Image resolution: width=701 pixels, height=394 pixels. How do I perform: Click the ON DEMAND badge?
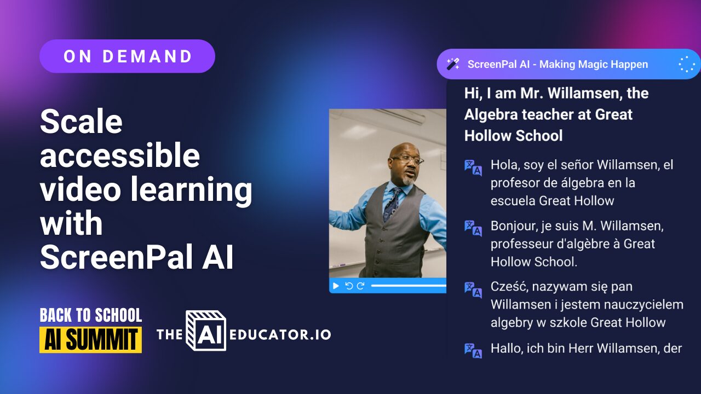pyautogui.click(x=127, y=56)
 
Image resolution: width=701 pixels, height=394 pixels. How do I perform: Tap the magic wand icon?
pyautogui.click(x=453, y=64)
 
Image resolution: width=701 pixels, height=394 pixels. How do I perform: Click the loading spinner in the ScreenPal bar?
pyautogui.click(x=686, y=64)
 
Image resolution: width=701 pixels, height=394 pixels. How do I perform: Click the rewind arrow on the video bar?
pyautogui.click(x=349, y=286)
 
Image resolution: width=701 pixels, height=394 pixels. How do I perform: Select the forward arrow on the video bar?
pyautogui.click(x=360, y=286)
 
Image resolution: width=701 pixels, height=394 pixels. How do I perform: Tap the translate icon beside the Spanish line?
pyautogui.click(x=473, y=167)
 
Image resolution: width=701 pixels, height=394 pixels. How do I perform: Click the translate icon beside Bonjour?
pyautogui.click(x=473, y=228)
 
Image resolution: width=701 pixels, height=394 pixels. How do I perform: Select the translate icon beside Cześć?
pyautogui.click(x=473, y=289)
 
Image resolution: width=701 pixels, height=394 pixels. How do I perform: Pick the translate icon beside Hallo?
pyautogui.click(x=473, y=350)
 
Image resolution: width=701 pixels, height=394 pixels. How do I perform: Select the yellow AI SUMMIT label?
pyautogui.click(x=91, y=340)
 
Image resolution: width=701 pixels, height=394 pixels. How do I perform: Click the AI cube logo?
pyautogui.click(x=206, y=331)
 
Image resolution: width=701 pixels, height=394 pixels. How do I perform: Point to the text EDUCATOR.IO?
pyautogui.click(x=280, y=334)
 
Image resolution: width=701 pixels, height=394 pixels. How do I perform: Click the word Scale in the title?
pyautogui.click(x=81, y=121)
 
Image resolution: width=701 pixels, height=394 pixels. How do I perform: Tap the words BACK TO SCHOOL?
pyautogui.click(x=91, y=315)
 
